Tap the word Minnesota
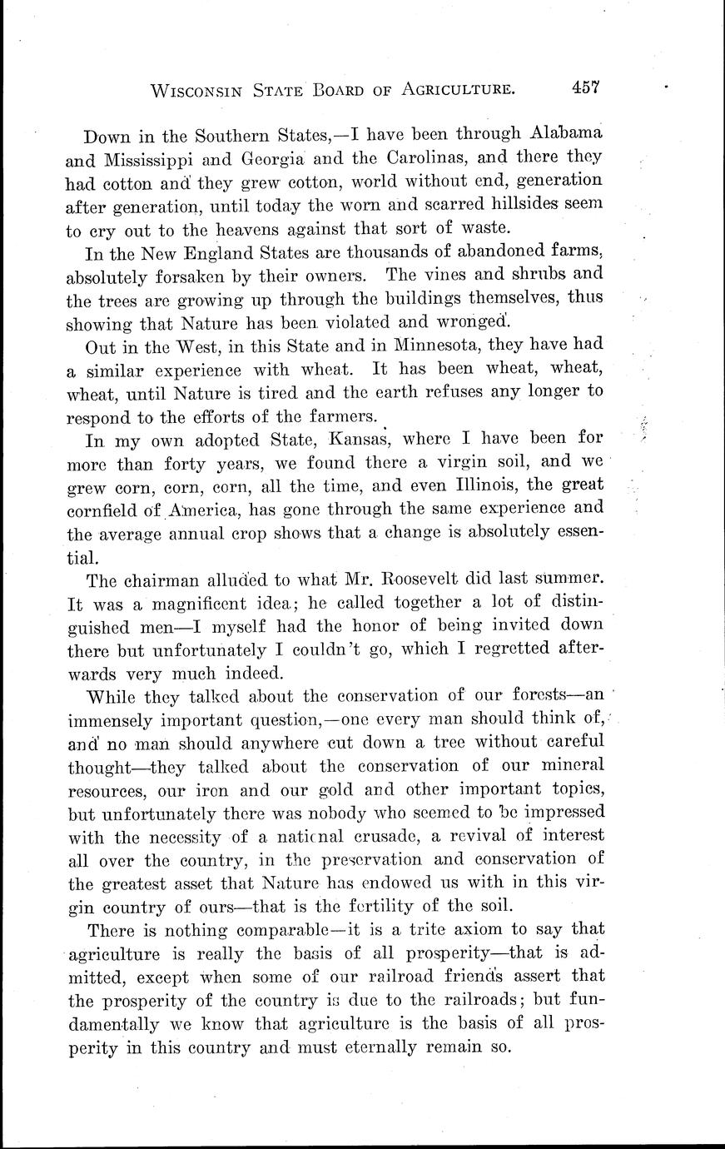point(440,344)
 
